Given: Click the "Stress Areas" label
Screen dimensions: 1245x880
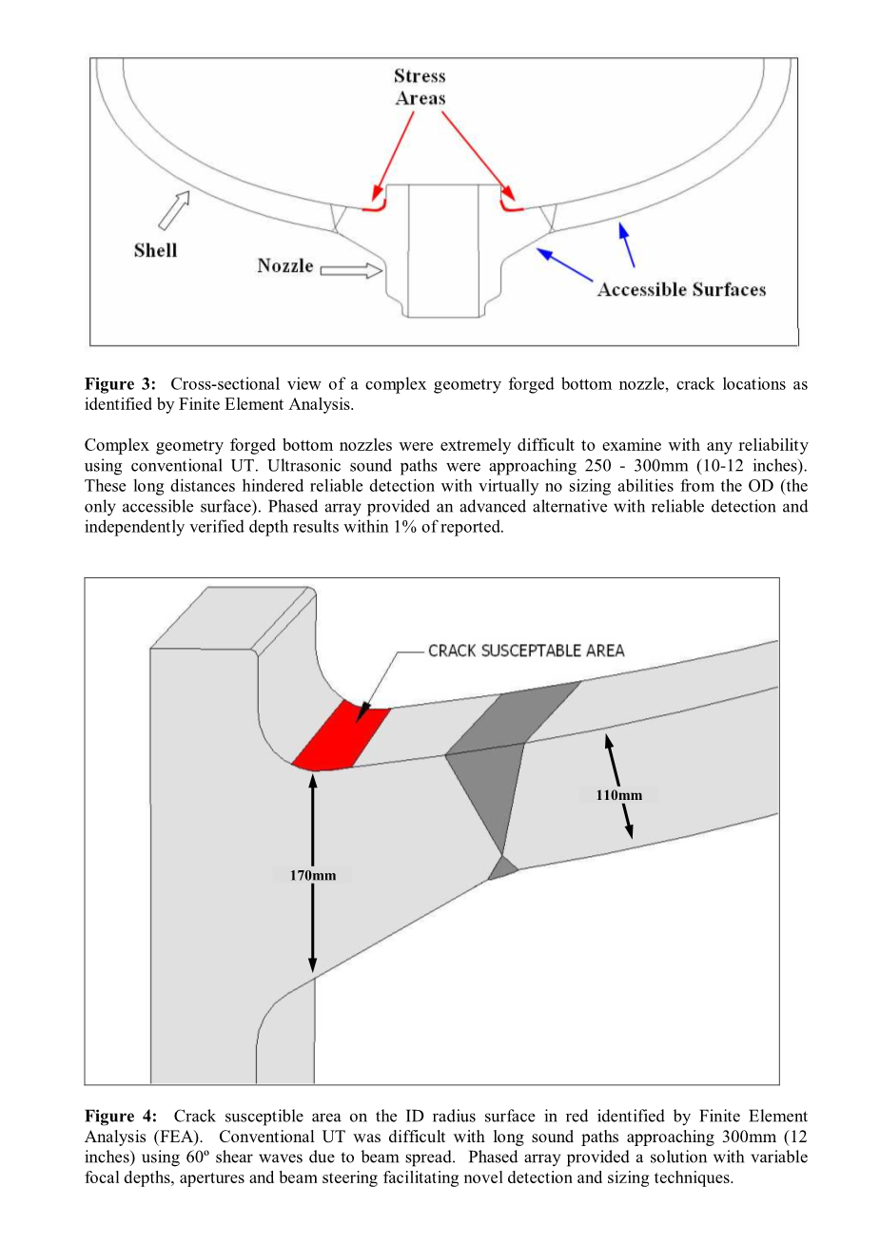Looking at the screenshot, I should pos(420,87).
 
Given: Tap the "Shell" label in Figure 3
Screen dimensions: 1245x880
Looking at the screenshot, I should pos(155,250).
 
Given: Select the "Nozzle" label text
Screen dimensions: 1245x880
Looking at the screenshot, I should pos(284,265).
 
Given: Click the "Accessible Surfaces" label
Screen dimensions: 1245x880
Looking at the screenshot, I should pos(681,289).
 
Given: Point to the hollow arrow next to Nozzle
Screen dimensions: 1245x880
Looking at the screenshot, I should pos(350,271).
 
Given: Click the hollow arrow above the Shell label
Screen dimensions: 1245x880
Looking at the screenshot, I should pos(173,209).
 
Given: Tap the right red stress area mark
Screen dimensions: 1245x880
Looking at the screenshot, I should pos(511,203).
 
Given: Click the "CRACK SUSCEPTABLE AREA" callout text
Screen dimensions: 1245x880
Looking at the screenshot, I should pos(526,651).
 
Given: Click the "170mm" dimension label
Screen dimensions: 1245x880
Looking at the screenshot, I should pos(313,875).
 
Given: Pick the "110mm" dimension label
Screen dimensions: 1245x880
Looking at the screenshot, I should pos(618,795).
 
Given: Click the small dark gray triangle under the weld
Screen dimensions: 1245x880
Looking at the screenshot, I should pos(502,867).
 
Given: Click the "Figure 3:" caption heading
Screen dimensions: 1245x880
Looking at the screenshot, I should pos(120,384).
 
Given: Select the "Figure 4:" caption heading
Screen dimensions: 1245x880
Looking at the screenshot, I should pos(120,1116).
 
